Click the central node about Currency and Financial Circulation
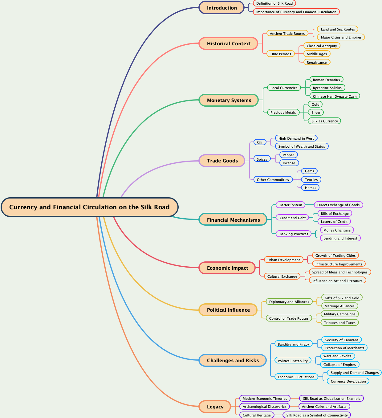pos(90,207)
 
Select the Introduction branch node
pos(221,8)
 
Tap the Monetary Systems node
pos(229,100)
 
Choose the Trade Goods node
pos(222,161)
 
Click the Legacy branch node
pos(215,407)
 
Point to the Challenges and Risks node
pos(233,360)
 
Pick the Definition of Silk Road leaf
pos(274,3)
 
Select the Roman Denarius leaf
pos(326,80)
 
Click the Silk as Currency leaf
pos(324,121)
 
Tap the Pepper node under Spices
pos(288,155)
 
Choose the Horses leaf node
pos(310,188)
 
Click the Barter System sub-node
pos(291,205)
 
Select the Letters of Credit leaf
pos(334,222)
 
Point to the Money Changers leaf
pos(337,230)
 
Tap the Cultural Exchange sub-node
pos(282,277)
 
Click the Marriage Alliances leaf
pos(339,306)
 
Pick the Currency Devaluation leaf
pos(348,381)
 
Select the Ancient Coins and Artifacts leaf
pos(324,407)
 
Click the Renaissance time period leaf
pos(316,63)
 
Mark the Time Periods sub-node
pos(280,54)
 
